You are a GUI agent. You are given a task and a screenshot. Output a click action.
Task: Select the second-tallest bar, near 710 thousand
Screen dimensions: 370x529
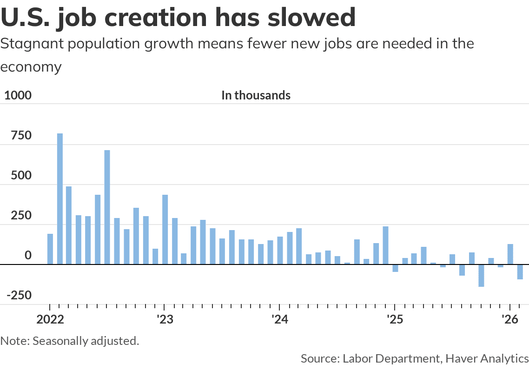(107, 207)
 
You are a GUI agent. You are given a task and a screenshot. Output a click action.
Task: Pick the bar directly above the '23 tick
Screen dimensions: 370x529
(165, 230)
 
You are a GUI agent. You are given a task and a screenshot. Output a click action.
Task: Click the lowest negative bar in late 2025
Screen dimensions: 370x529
(481, 275)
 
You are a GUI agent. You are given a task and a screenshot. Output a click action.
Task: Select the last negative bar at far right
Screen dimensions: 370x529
(520, 272)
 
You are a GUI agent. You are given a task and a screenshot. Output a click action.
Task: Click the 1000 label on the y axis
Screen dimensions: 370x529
(17, 96)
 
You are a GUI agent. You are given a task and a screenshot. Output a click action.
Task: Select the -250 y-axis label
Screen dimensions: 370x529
(19, 296)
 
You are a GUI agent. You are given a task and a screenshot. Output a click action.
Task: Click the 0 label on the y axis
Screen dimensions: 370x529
(28, 256)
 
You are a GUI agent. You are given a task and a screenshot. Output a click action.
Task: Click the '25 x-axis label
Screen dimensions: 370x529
(394, 320)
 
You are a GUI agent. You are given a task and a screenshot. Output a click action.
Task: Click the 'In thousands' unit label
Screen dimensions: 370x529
(256, 96)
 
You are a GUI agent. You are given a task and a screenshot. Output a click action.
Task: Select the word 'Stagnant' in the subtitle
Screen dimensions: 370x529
(30, 45)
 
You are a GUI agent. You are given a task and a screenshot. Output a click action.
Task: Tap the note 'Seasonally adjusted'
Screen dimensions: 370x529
(84, 341)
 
